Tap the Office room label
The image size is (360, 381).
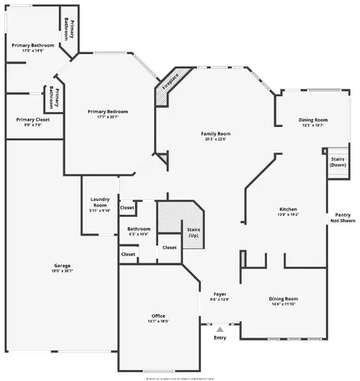pos(158,315)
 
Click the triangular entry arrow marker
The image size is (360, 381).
pos(219,327)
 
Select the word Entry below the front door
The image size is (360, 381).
pos(220,337)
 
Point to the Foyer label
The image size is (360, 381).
pos(219,294)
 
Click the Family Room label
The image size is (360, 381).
pos(215,134)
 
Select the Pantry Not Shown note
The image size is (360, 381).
pos(343,218)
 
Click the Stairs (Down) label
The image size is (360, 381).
pos(338,162)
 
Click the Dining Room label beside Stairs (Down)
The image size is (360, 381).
pos(313,120)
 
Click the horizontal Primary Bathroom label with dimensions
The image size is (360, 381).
pos(33,45)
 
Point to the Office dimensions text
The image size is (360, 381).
pos(158,321)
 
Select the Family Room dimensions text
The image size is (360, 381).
pos(215,140)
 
